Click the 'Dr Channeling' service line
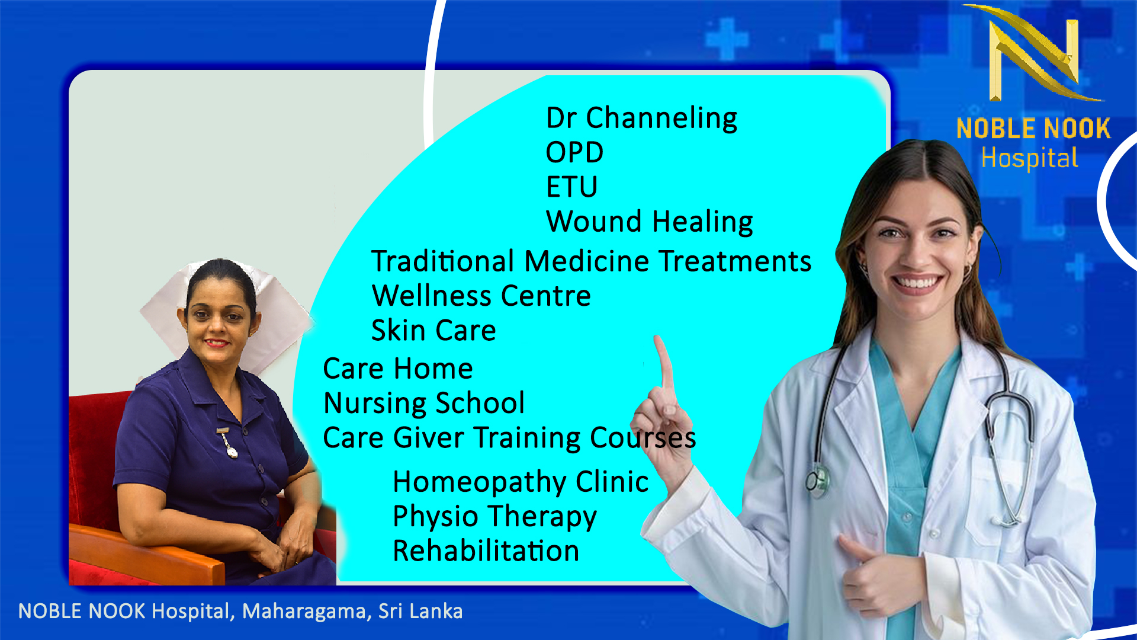(641, 119)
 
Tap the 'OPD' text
(574, 153)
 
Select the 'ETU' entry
(571, 187)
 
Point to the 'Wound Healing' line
(650, 222)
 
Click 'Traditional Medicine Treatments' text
(591, 261)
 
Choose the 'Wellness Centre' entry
(481, 296)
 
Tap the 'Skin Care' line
(433, 330)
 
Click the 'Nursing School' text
(424, 403)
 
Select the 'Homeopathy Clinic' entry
(521, 482)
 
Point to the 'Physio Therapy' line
(494, 517)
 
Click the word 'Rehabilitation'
(486, 551)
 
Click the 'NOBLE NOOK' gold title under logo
(1033, 129)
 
